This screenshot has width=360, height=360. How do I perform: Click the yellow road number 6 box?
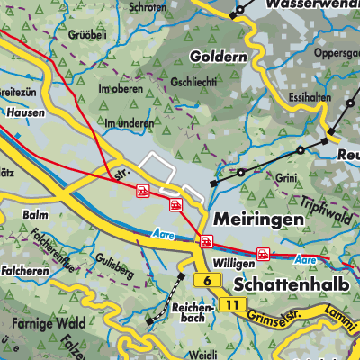point(208,282)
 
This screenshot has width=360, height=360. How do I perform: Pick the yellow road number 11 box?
point(233,305)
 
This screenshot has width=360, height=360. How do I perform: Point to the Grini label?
point(288,178)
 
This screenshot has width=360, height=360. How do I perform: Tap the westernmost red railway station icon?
point(141,190)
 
